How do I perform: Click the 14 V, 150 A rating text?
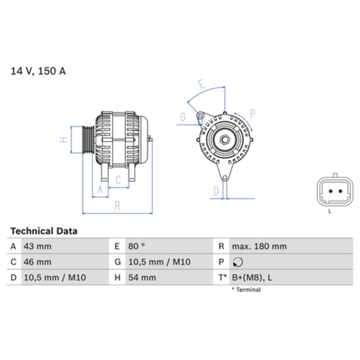click(x=38, y=71)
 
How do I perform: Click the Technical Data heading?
click(x=44, y=231)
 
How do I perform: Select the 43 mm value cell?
click(x=37, y=247)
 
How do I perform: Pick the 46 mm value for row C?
click(x=37, y=262)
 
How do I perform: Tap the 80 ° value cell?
click(x=137, y=247)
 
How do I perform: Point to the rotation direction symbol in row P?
click(x=238, y=262)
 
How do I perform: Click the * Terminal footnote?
click(x=246, y=290)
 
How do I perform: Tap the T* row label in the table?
click(x=222, y=278)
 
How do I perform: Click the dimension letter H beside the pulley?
click(x=64, y=140)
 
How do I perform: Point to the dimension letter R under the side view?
click(x=117, y=206)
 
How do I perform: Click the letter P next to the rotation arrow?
click(x=252, y=114)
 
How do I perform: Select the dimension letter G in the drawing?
click(x=183, y=117)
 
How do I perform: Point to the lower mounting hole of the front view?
click(x=224, y=178)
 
